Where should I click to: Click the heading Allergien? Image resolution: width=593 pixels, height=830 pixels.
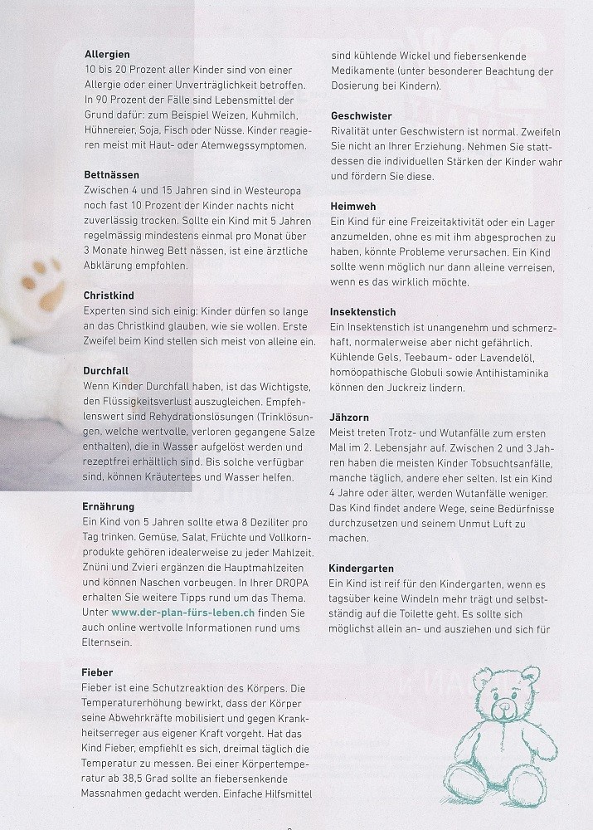point(107,54)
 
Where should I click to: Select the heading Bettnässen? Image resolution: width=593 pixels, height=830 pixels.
point(112,175)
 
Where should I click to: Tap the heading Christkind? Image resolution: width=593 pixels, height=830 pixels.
point(109,295)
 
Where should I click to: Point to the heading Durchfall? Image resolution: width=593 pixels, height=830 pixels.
point(106,370)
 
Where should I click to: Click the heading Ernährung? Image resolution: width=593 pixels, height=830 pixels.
point(109,505)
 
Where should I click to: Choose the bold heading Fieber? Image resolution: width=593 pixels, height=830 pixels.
point(99,671)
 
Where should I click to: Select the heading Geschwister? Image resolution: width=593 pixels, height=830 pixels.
point(361,115)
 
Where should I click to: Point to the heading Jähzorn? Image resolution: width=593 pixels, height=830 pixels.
point(349,417)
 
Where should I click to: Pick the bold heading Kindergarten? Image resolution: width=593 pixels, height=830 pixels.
point(365,568)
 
